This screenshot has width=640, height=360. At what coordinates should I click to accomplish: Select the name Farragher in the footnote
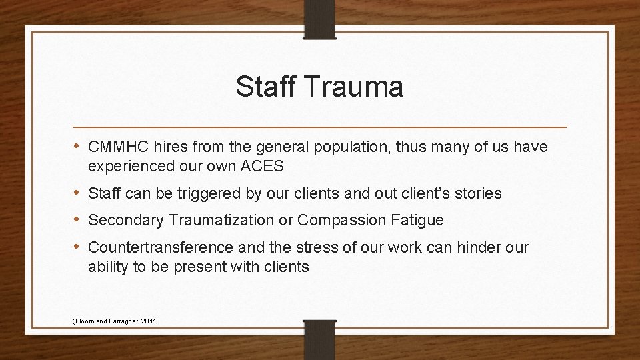(x=119, y=321)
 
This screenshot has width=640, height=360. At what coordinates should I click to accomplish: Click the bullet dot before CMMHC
(x=79, y=146)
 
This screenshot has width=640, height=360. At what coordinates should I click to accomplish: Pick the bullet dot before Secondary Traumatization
(x=79, y=219)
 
